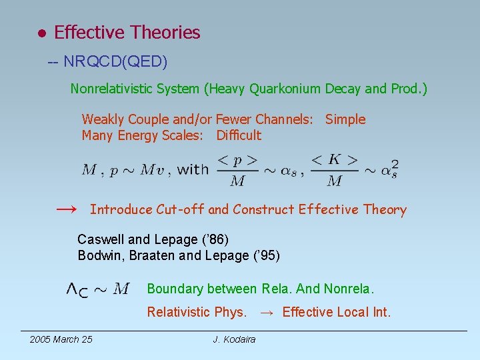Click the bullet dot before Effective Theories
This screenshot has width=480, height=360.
point(41,33)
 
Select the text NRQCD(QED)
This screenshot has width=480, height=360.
point(115,62)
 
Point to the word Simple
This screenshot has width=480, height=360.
point(345,119)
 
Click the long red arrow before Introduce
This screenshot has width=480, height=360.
point(66,209)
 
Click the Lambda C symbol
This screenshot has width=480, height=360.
point(77,289)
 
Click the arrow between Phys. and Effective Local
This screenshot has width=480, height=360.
point(266,312)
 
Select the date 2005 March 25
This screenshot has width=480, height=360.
point(61,339)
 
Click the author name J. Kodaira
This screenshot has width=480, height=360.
point(234,339)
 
